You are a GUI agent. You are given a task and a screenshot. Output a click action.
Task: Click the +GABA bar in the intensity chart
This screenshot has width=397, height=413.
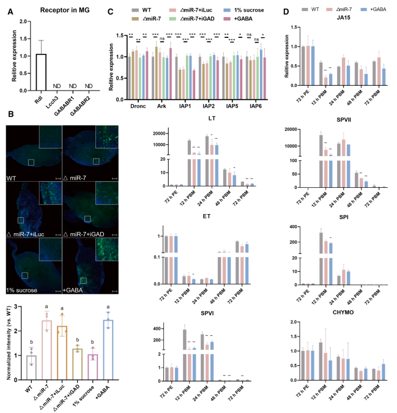pyautogui.click(x=109, y=349)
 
